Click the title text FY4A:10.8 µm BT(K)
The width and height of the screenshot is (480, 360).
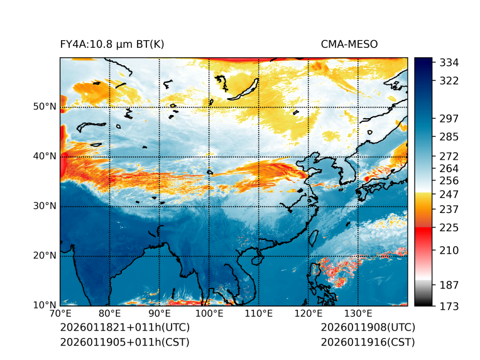coord(112,44)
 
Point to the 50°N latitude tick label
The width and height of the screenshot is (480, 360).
coord(45,107)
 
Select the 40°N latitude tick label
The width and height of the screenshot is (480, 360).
coord(45,156)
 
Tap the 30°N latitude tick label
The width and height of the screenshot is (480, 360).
coord(45,206)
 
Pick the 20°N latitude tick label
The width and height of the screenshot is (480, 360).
coord(45,256)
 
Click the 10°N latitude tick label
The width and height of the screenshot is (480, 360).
coord(45,305)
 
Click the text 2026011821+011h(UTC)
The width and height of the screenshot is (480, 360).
coord(124,328)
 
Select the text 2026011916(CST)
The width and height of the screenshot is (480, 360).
coord(368,342)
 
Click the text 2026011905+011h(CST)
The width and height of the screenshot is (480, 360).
coord(124,342)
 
